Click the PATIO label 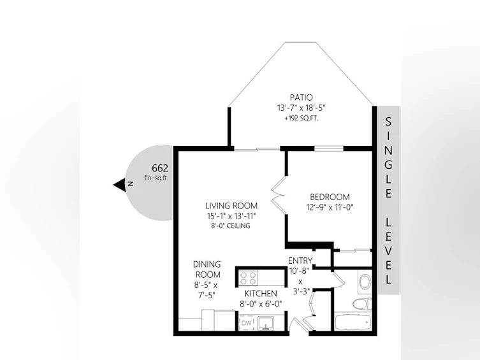[x=302, y=97]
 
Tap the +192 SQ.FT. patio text [x=302, y=119]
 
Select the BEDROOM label [x=330, y=197]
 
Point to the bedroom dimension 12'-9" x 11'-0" [x=330, y=208]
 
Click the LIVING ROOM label [x=231, y=206]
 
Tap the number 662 [x=160, y=168]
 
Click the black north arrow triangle [x=120, y=185]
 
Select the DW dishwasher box [x=247, y=322]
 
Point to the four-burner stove [x=248, y=278]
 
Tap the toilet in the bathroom [x=362, y=304]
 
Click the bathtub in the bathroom [x=353, y=322]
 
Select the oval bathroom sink [x=365, y=282]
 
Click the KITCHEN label [x=261, y=294]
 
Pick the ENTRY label [x=300, y=261]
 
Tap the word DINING [x=207, y=264]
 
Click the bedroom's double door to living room [x=279, y=194]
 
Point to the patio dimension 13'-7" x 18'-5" [x=302, y=108]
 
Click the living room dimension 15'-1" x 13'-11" [x=231, y=216]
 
